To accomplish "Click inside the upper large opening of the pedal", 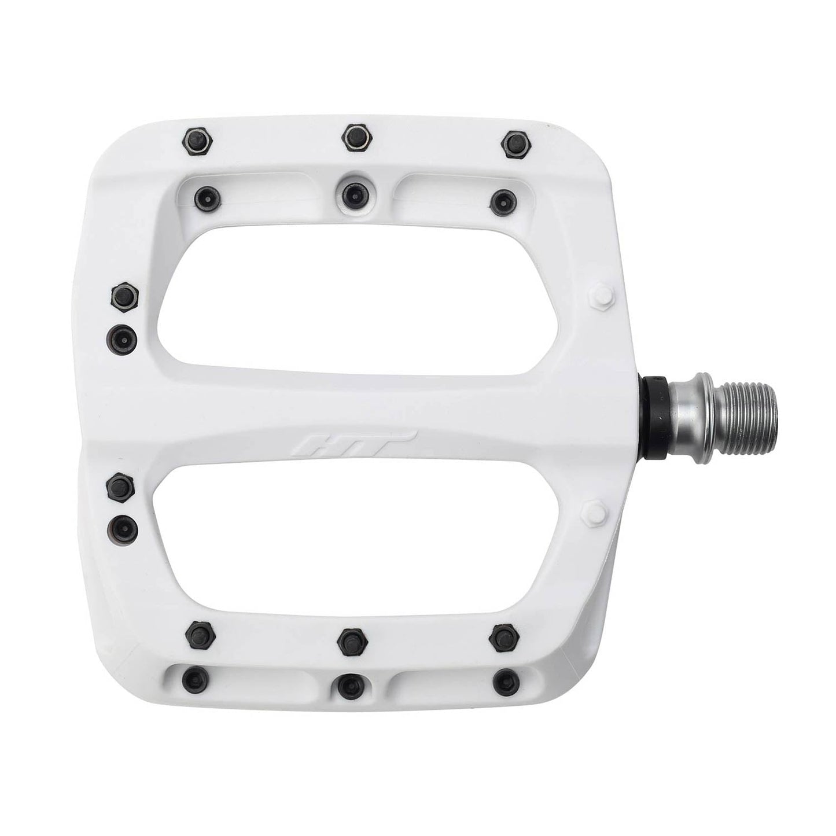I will tap(359, 295).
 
